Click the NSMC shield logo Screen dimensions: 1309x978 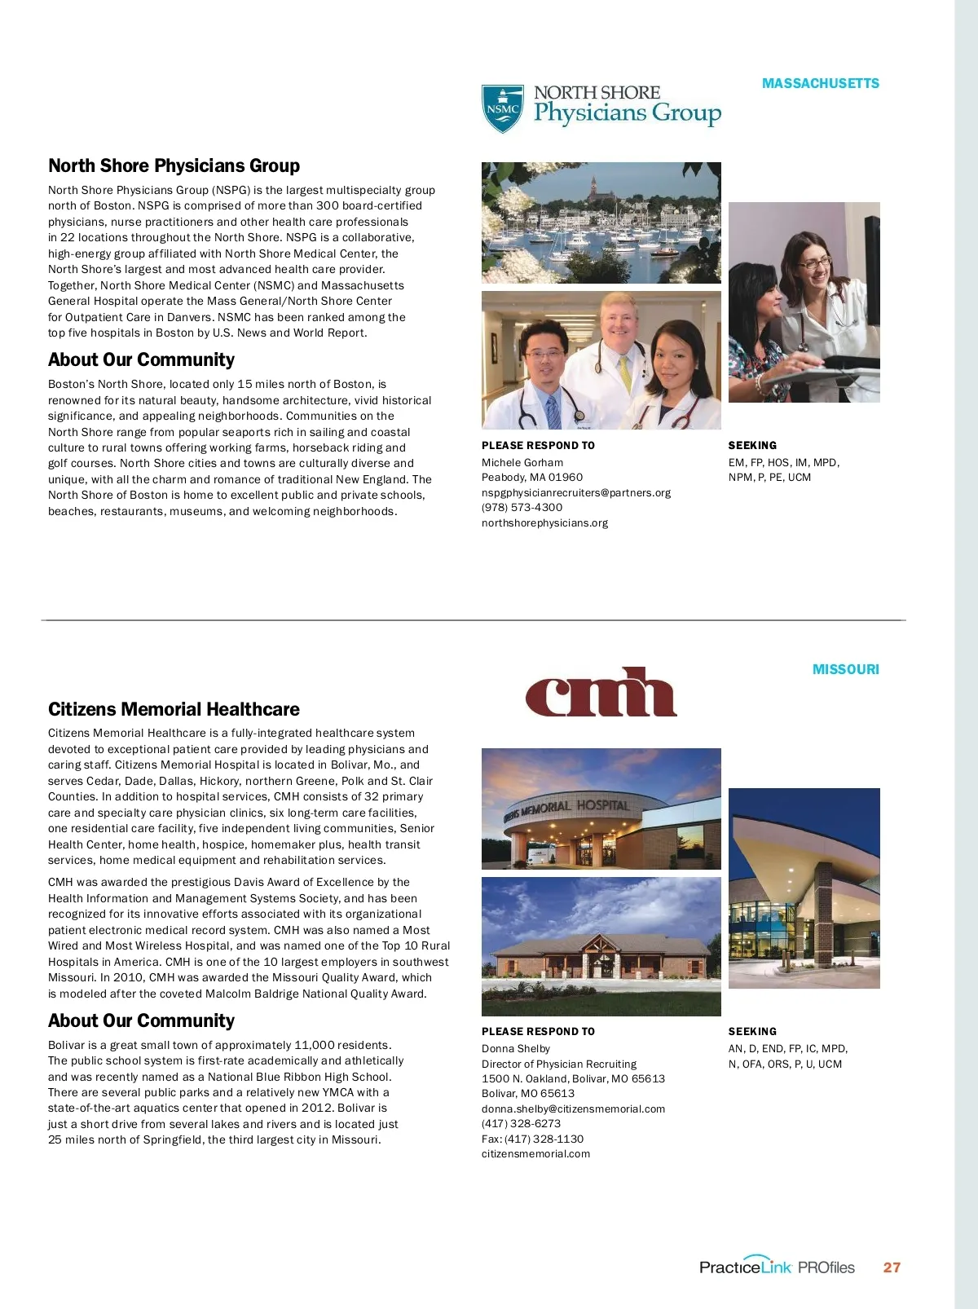[x=502, y=108]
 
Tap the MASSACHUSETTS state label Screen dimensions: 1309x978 [x=820, y=83]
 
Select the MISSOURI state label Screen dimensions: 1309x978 [x=845, y=669]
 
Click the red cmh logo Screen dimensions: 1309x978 [x=601, y=692]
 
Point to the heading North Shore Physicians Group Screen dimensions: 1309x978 [x=174, y=165]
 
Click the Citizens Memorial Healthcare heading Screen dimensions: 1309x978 [x=174, y=709]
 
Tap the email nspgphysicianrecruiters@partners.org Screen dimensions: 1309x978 [x=575, y=492]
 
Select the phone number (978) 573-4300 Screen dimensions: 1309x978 [x=522, y=507]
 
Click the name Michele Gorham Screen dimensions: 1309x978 [x=522, y=462]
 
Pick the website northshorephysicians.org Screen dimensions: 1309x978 [x=544, y=522]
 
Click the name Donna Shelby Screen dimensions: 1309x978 [x=515, y=1048]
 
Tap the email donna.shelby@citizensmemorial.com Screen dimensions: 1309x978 [x=573, y=1108]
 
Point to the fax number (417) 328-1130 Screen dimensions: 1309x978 [x=544, y=1139]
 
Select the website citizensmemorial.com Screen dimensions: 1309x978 [x=535, y=1153]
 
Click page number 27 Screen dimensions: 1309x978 [x=892, y=1267]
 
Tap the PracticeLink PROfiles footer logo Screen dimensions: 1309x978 [x=776, y=1267]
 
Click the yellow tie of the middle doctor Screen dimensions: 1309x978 [x=624, y=372]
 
